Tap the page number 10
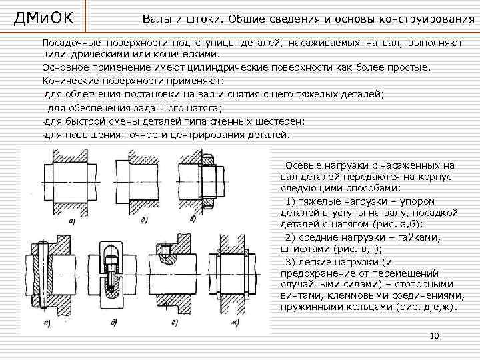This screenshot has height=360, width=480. click(435, 335)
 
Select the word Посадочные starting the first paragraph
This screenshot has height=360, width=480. click(71, 43)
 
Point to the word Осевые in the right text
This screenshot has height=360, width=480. click(301, 165)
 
